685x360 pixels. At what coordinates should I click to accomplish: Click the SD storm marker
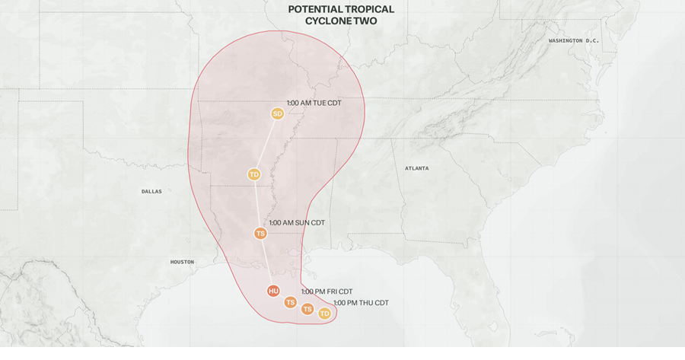coord(277,113)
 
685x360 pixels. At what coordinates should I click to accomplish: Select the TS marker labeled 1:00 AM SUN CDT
coord(260,233)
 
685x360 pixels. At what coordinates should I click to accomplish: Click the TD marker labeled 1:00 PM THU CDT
coord(324,314)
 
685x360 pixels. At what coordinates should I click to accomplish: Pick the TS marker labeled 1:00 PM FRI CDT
coord(290,302)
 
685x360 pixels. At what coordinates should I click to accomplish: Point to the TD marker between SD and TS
coord(254,174)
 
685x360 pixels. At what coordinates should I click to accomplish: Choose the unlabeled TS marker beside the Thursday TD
coord(307,309)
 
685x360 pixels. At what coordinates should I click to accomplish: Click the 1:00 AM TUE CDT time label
coord(314,103)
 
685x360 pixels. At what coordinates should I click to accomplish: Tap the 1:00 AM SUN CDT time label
coord(297,222)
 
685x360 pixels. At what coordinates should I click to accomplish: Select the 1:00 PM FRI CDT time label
coord(327,292)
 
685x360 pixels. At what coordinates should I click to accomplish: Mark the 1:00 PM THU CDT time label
coord(361,303)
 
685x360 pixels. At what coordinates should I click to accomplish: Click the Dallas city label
coord(151,192)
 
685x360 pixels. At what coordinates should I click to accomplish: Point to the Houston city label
coord(182,262)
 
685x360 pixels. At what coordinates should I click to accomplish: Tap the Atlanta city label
coord(416,168)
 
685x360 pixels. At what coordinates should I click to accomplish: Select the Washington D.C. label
coord(574,40)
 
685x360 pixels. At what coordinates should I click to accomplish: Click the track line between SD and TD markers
coord(266,144)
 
